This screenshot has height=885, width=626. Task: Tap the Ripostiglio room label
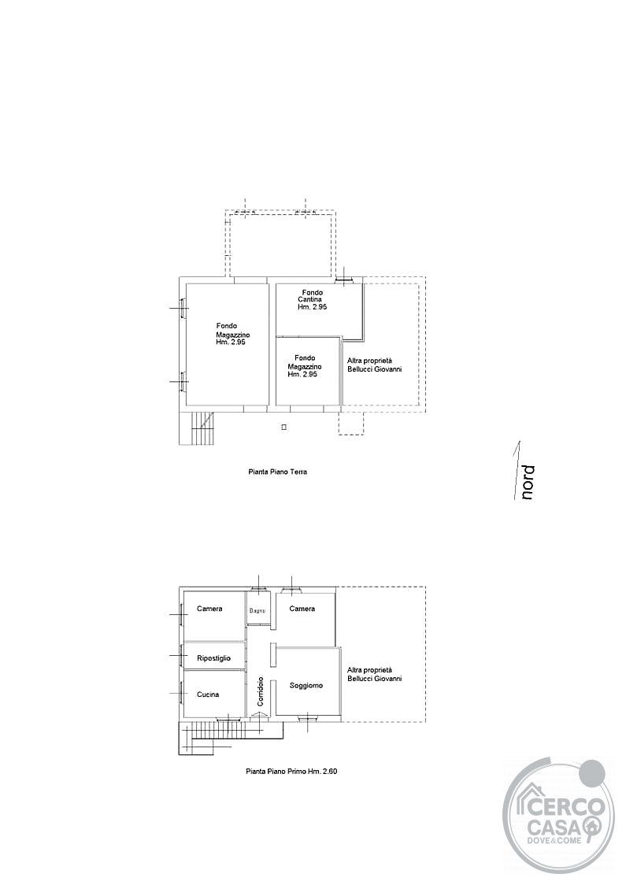213,658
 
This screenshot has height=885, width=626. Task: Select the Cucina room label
208,694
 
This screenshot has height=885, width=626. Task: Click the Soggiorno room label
306,686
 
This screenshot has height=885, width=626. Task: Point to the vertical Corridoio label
260,691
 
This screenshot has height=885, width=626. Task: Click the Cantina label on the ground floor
310,300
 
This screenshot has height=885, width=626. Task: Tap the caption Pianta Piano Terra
278,472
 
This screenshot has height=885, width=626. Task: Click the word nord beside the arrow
528,482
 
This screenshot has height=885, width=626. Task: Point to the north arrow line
517,470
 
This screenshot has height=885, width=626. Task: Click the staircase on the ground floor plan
198,428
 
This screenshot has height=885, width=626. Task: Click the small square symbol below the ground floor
284,428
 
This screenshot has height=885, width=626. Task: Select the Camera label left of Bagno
209,609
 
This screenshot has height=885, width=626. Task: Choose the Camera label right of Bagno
302,609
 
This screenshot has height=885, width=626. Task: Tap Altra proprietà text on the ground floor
370,361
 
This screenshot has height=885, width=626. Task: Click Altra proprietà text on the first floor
370,670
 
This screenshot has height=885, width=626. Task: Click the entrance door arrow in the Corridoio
260,715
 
